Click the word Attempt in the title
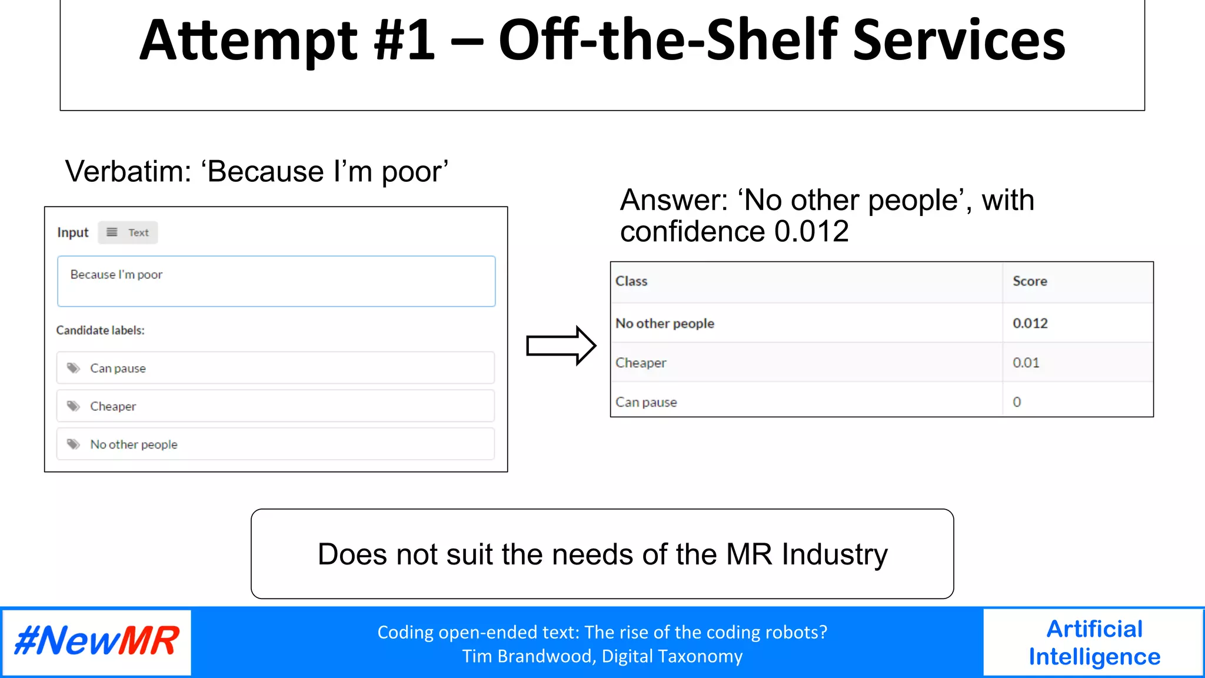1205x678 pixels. (x=248, y=41)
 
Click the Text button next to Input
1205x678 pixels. (x=128, y=232)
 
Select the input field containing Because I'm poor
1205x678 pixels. (x=276, y=281)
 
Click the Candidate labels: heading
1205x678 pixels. (x=100, y=330)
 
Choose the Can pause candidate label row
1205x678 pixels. (x=275, y=368)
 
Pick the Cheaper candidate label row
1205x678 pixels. (x=275, y=406)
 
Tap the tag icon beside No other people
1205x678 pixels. (x=74, y=444)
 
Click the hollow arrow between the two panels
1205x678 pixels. (x=561, y=345)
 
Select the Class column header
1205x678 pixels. (x=631, y=281)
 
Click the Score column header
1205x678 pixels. (x=1030, y=281)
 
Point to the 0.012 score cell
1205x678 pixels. (x=1030, y=323)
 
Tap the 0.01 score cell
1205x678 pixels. (x=1026, y=363)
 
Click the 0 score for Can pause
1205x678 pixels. (x=1017, y=402)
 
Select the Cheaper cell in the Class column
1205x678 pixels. (x=641, y=363)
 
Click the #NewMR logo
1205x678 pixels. (x=97, y=641)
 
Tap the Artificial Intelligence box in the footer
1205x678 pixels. (x=1094, y=642)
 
